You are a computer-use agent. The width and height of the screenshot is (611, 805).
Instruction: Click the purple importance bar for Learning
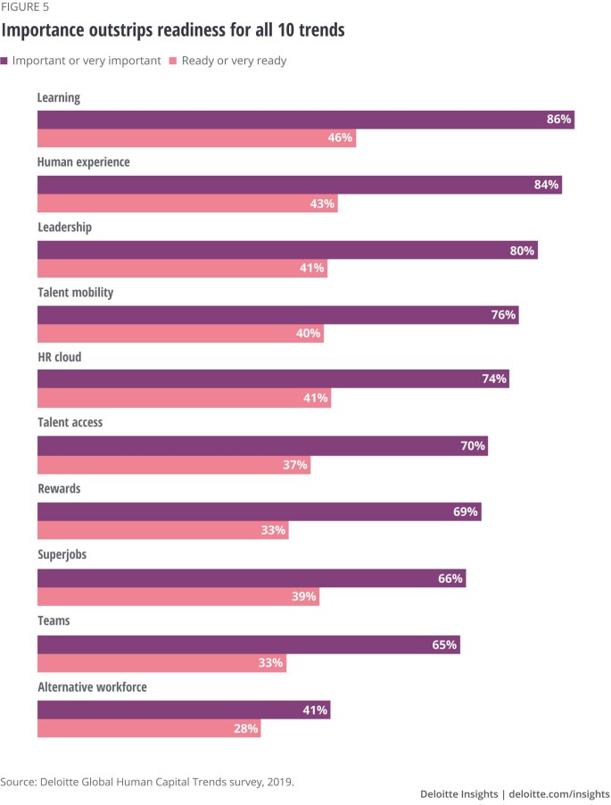(x=305, y=120)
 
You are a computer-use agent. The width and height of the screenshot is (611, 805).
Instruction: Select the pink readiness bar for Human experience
(x=187, y=203)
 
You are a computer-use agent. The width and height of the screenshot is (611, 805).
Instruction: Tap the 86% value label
(x=558, y=120)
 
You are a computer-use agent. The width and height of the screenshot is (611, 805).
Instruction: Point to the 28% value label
(x=246, y=728)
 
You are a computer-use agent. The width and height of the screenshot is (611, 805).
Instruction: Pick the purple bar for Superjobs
(x=252, y=578)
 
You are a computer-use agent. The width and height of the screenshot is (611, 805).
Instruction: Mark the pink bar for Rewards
(x=162, y=530)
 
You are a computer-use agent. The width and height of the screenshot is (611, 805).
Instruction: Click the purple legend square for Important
(x=4, y=61)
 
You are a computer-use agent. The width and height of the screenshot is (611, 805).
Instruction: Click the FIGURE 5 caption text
(x=25, y=6)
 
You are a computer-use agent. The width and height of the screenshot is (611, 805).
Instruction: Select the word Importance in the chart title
(x=45, y=30)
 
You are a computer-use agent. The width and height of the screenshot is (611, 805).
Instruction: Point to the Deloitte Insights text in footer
(x=461, y=793)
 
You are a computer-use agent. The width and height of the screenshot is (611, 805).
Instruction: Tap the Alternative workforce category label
(x=92, y=687)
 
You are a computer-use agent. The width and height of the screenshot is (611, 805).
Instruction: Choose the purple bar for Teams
(x=248, y=644)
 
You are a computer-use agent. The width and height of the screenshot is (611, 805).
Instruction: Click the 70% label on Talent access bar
(x=473, y=445)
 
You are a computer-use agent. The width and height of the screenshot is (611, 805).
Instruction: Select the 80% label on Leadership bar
(x=522, y=251)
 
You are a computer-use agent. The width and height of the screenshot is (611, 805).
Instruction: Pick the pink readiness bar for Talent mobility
(x=179, y=334)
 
